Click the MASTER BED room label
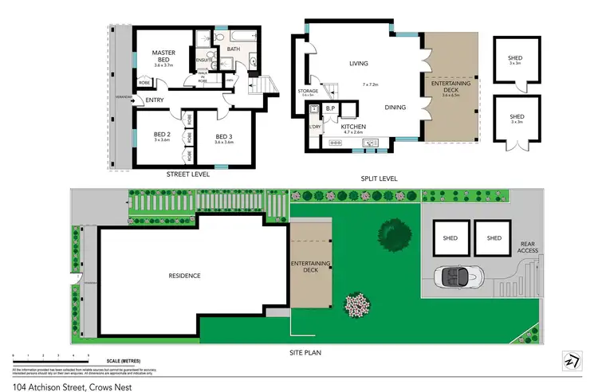(163, 53)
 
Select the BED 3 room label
(225, 137)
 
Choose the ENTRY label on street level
(154, 100)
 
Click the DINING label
(395, 108)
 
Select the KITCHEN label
(353, 126)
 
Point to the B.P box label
(331, 109)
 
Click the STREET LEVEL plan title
(188, 173)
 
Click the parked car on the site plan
(459, 276)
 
